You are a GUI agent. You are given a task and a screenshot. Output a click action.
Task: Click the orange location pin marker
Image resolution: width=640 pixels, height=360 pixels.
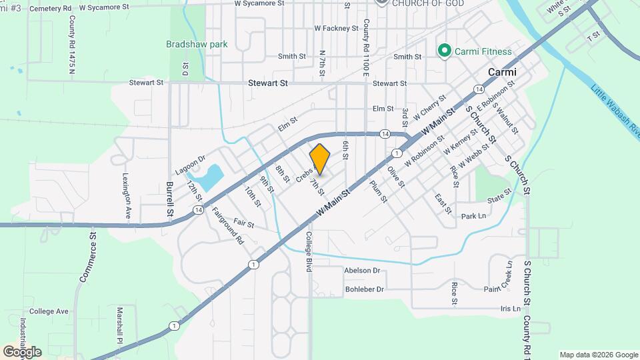320,159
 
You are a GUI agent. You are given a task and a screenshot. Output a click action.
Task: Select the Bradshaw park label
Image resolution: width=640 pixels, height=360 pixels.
197,45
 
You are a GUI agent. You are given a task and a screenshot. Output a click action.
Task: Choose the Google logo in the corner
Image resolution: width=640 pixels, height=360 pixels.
22,351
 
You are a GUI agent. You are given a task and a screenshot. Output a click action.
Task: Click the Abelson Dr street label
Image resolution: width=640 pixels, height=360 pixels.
362,271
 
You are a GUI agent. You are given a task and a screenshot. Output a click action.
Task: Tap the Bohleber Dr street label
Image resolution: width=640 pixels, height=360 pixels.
365,289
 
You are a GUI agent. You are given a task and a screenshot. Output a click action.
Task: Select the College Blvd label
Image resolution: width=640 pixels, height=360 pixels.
309,251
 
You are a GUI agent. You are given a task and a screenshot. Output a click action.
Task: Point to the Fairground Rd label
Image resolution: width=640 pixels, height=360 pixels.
227,227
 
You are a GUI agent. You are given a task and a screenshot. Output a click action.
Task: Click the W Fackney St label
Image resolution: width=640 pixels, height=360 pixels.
336,29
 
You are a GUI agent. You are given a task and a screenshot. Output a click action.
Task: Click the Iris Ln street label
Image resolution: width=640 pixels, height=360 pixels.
510,309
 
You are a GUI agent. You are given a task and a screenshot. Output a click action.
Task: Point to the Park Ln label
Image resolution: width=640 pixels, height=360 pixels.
473,216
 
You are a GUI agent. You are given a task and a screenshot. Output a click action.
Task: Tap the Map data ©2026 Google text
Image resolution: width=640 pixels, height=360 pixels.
598,355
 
